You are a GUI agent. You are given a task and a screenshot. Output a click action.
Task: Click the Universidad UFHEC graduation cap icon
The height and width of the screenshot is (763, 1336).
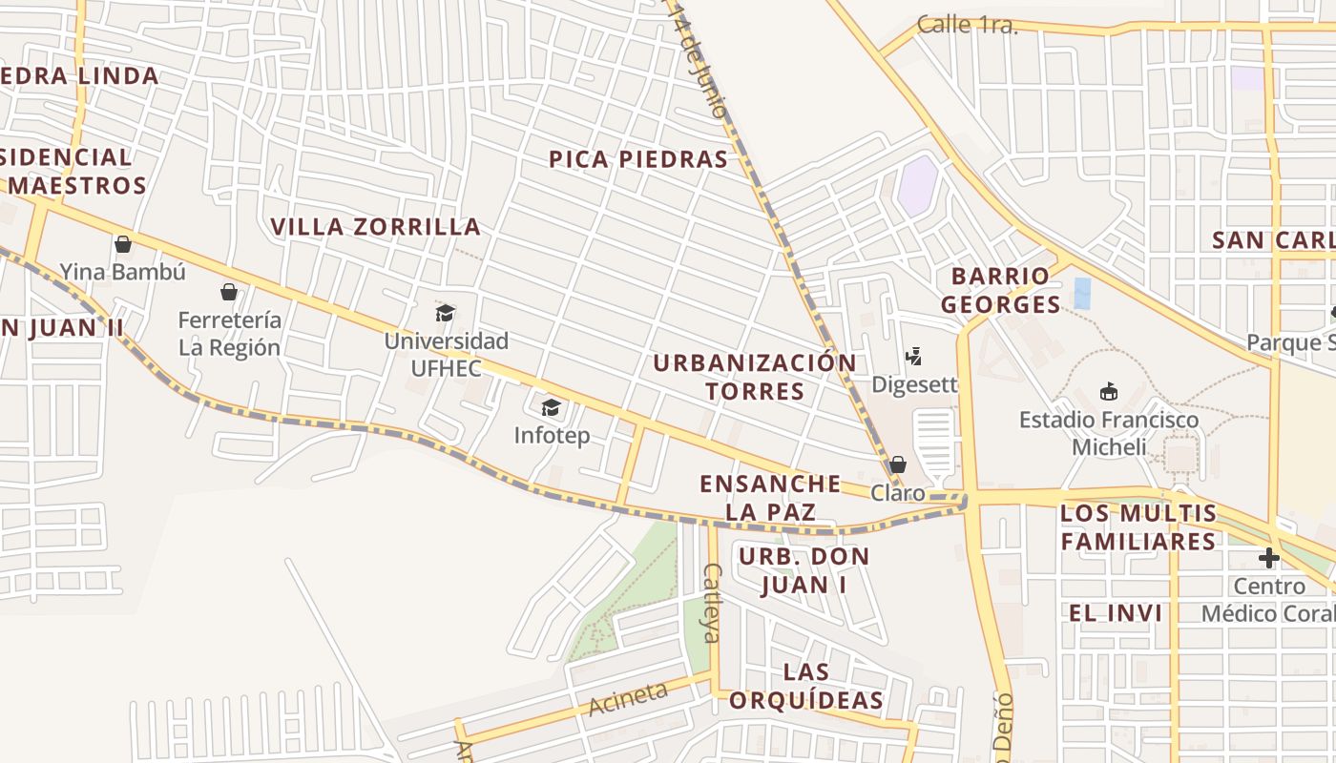coord(445,313)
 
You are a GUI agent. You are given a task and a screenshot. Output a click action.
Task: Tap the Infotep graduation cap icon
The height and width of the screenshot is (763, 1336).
coord(551,408)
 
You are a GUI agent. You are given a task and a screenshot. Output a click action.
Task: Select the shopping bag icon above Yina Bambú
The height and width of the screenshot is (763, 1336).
coord(122,244)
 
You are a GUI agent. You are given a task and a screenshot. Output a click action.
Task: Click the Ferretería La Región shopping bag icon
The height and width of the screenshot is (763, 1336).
coord(229,292)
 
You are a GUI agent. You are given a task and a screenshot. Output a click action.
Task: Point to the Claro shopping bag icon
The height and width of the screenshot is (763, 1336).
coord(897,464)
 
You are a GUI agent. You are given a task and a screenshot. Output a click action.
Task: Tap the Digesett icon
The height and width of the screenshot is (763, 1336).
coord(913,357)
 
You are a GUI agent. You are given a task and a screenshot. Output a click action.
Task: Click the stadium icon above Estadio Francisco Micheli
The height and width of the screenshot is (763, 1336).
coord(1108,391)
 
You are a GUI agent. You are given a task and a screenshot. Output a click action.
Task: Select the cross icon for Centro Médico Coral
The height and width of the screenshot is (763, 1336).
coord(1268,558)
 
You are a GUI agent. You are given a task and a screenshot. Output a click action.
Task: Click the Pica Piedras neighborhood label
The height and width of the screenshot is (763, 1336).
coord(638,159)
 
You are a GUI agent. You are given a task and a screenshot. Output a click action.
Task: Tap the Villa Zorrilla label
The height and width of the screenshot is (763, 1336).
coord(376,227)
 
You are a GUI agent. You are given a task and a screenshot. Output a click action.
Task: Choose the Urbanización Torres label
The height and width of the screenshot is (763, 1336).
coord(754,377)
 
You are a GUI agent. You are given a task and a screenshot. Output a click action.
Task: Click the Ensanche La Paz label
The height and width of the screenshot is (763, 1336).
coord(770,497)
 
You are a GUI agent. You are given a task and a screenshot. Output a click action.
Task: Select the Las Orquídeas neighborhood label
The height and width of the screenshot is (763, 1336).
coord(806,686)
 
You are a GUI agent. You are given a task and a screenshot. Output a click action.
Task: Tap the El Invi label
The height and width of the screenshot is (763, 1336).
coord(1116,613)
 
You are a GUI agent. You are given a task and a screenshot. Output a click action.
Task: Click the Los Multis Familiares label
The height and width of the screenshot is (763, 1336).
coord(1139,527)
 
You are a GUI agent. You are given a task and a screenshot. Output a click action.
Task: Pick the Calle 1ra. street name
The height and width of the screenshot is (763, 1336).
coord(967,26)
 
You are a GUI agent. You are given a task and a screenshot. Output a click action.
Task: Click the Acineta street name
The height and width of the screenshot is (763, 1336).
coord(628,699)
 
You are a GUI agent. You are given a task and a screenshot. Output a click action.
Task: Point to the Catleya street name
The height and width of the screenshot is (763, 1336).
coord(712,602)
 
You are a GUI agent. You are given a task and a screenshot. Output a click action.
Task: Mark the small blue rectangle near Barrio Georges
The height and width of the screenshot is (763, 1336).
coord(1081,293)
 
